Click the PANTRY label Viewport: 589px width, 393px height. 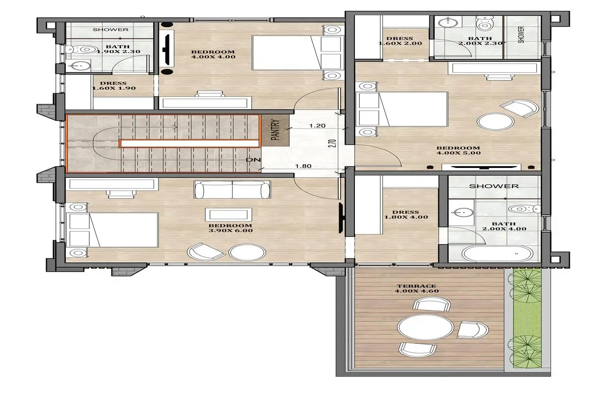pos(275,130)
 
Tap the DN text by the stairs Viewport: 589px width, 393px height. pos(253,160)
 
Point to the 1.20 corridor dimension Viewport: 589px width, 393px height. pos(318,126)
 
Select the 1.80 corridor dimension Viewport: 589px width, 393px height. pos(303,166)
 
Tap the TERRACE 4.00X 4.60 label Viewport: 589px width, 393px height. pos(417,288)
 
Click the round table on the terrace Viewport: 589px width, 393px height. pos(425,328)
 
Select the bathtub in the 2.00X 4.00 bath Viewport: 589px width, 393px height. pos(497,253)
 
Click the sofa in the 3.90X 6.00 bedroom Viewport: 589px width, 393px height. pos(232,190)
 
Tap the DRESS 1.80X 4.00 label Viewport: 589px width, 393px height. pos(406,215)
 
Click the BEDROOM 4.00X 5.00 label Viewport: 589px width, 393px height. pos(458,150)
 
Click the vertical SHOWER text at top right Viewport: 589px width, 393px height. pos(521,34)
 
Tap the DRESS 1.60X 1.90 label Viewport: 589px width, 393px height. pos(113,85)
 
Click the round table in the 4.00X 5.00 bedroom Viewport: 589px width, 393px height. pos(496,122)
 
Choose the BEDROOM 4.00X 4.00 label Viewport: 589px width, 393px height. pos(213,54)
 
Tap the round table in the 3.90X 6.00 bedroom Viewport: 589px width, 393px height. pos(247,253)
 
